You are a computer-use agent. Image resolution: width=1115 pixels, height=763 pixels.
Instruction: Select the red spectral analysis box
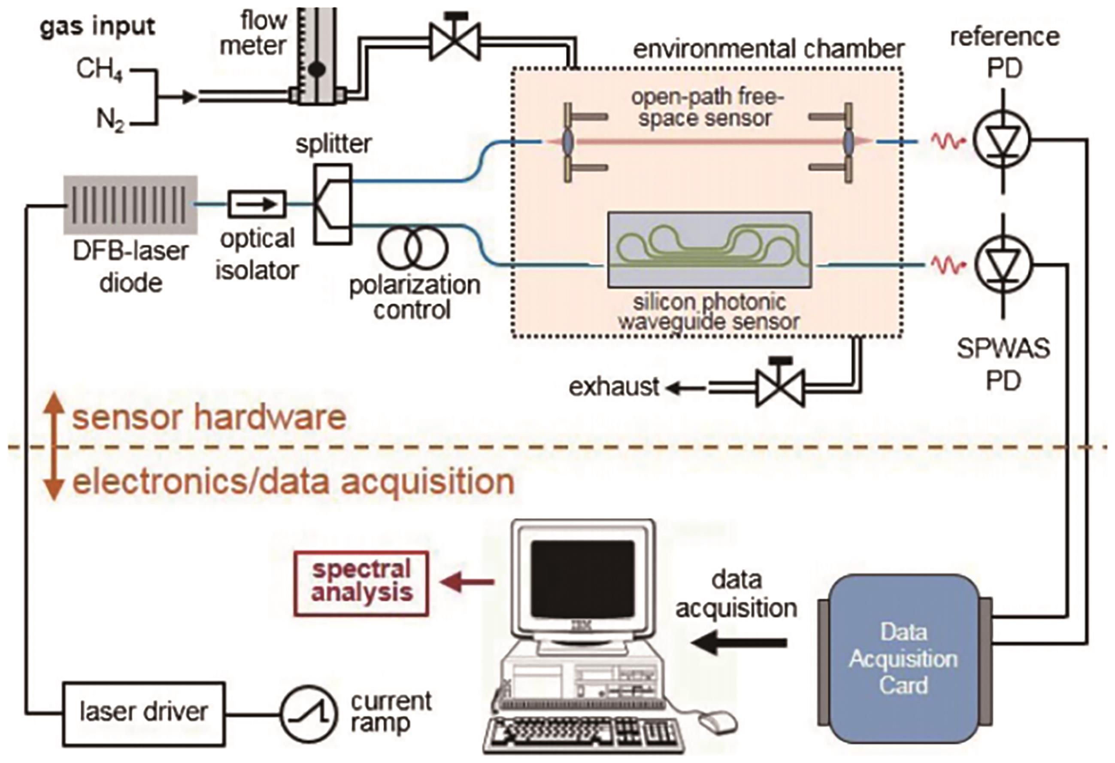click(x=361, y=583)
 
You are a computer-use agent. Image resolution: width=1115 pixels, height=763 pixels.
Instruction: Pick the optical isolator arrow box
click(x=257, y=204)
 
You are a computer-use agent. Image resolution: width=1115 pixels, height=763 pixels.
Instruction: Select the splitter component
click(x=333, y=204)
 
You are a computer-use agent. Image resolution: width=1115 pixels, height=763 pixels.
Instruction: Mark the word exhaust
click(x=614, y=386)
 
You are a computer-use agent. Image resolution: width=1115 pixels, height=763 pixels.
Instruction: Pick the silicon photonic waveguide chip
click(x=709, y=250)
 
